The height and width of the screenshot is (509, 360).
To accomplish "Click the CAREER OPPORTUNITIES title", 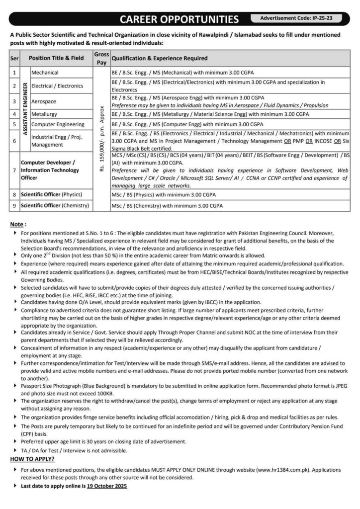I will [180, 19].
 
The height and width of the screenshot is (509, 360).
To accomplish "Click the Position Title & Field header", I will [56, 58].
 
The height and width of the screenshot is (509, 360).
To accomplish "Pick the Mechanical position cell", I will [45, 73].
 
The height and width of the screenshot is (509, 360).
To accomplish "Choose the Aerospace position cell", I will [44, 101].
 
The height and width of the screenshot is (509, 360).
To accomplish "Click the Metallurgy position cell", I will [45, 114].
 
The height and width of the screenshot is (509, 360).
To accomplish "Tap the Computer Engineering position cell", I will [57, 124].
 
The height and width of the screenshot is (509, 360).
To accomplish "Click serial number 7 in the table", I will [14, 170].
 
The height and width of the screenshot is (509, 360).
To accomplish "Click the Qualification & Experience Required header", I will [159, 58].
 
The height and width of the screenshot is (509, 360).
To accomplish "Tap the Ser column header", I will [14, 58].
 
